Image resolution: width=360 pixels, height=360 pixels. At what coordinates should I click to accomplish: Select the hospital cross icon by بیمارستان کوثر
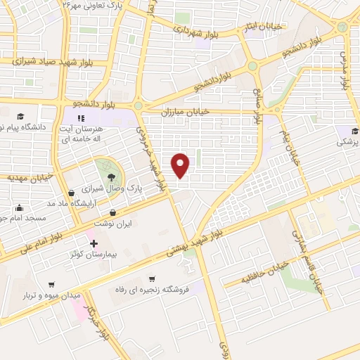[x=94, y=243]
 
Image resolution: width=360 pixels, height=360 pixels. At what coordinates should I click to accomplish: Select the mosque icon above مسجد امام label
[x=19, y=207]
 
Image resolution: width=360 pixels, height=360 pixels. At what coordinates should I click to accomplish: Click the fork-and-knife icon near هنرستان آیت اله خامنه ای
[x=82, y=117]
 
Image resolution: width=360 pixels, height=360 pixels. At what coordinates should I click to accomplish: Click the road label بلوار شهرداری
[x=197, y=30]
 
